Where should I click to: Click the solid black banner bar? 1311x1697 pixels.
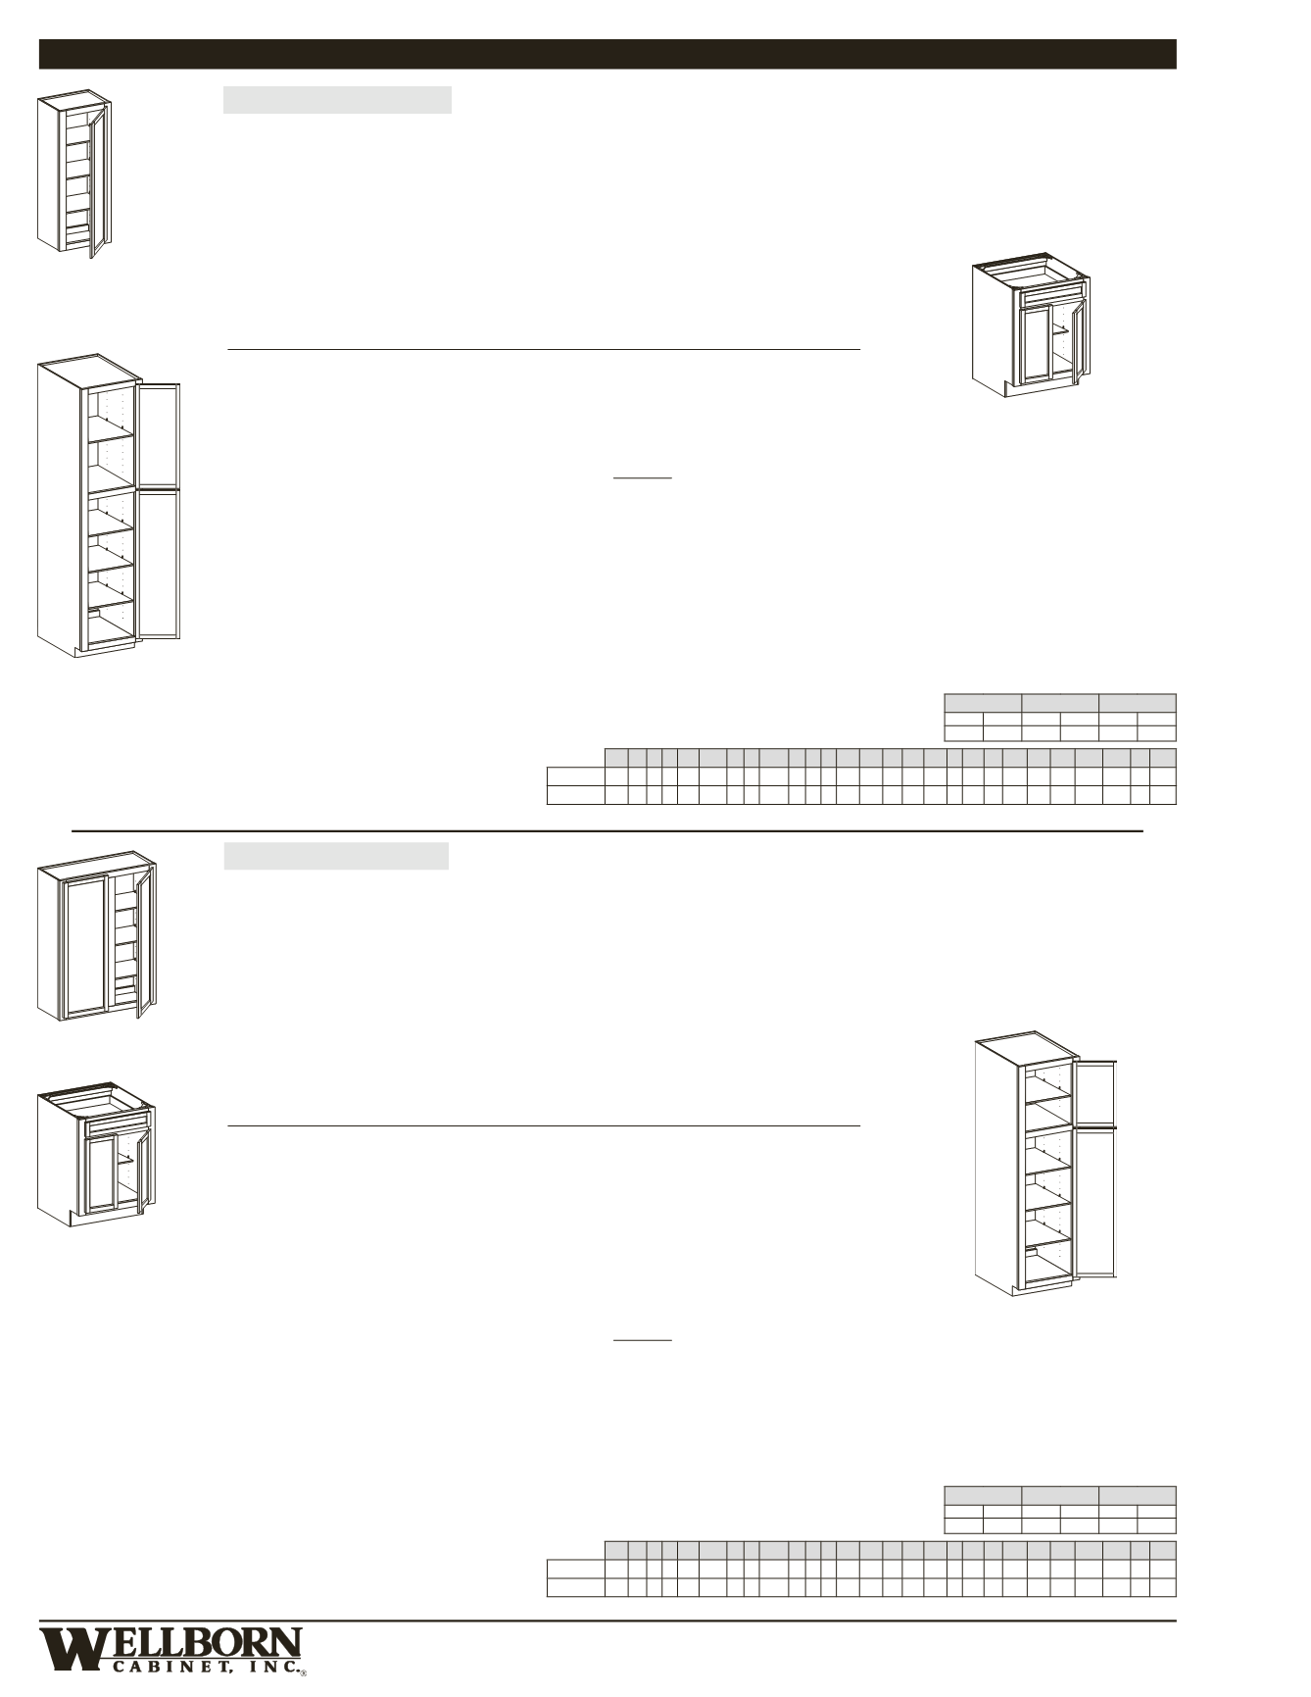(607, 54)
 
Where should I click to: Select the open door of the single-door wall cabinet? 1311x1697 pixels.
(98, 181)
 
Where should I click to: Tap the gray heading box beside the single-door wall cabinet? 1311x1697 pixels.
(337, 100)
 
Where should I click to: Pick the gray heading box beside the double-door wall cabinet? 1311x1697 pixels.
(336, 856)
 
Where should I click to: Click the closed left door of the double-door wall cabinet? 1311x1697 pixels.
(85, 945)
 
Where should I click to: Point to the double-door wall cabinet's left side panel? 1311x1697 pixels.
(48, 941)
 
